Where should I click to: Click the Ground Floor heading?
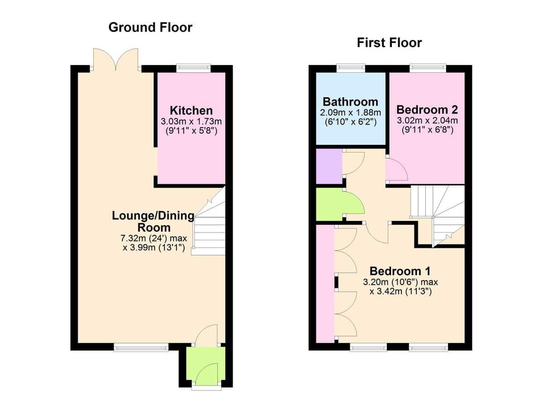150,27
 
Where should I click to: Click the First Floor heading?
389,43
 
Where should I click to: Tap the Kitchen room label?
191,110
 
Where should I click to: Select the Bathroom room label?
350,102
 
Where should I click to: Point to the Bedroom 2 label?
427,110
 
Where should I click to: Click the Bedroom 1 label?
400,271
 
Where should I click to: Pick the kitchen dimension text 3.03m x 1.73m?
191,121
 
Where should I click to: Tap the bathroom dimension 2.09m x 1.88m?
350,113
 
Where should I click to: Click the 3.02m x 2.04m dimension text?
427,120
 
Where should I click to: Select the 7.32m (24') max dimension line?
154,238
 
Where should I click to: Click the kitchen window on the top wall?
194,68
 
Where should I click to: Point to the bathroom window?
351,68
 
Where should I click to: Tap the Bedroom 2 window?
428,68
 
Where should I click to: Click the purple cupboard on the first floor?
329,167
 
